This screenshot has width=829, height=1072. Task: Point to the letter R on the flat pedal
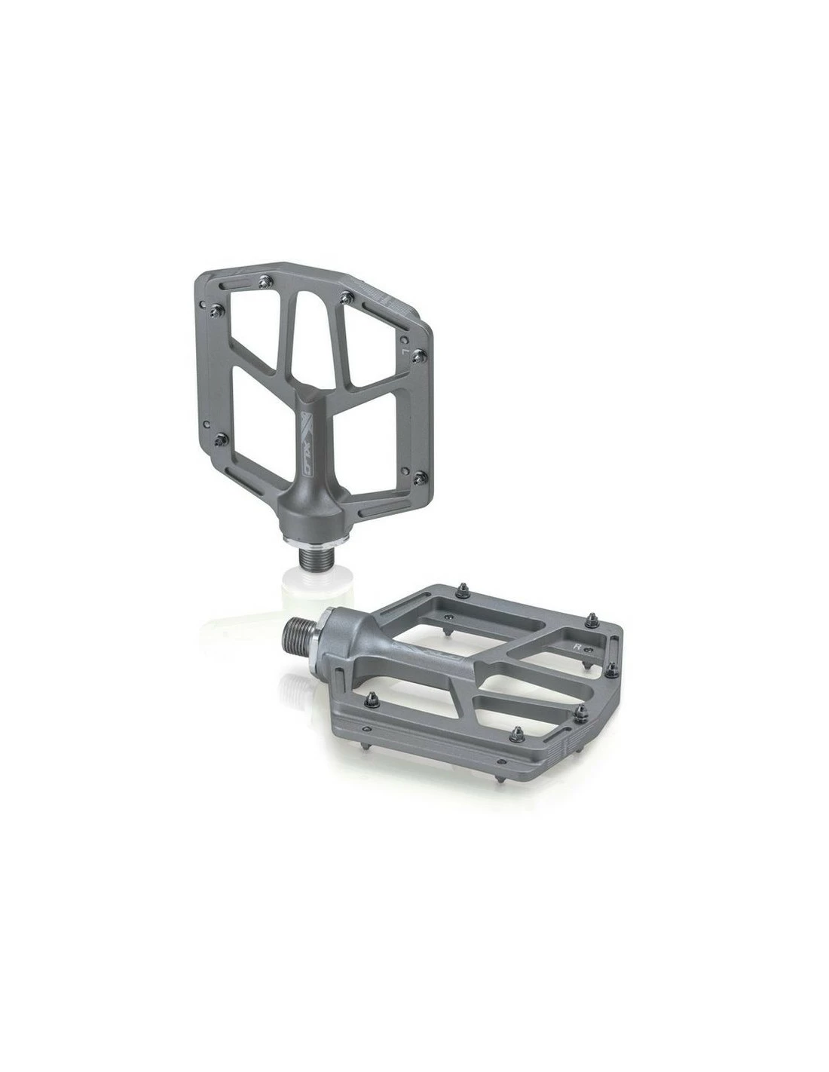576,646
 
